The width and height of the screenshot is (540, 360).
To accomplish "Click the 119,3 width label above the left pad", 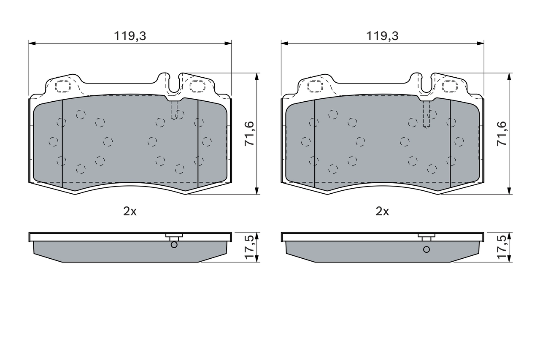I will pos(130,36).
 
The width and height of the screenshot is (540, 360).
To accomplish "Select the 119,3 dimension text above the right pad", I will pos(382,36).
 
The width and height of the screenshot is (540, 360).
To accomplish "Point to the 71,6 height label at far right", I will pos(502,134).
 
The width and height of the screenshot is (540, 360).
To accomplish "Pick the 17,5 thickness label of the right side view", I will pos(502,247).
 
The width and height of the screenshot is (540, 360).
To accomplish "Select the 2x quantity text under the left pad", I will pos(130,211).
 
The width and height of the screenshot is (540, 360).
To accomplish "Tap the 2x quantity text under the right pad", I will pos(382,211).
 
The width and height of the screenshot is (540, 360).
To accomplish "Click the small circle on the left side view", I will pos(174,245).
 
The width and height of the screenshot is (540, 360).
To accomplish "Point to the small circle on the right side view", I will pos(427,249).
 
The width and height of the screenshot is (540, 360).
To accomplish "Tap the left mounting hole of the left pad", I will pos(63,86).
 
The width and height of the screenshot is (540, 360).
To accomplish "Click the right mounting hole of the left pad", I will pos(197,86).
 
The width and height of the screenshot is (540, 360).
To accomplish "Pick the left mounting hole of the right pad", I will pos(316,86).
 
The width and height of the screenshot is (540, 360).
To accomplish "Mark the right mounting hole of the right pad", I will pos(449,86).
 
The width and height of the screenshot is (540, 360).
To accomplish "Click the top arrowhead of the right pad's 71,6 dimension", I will pos(510,76).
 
